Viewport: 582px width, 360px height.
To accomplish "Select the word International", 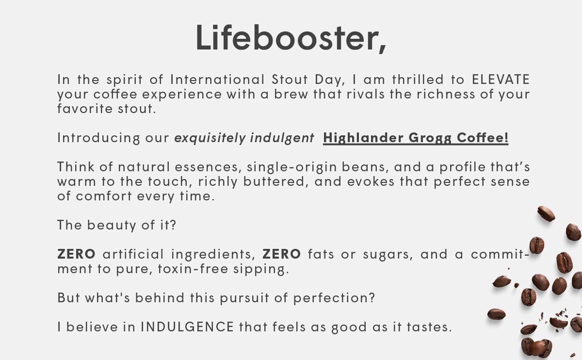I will (218, 79).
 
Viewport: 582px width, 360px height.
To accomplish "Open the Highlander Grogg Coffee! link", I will (416, 138).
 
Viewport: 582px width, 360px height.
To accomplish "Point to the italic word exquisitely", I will (210, 138).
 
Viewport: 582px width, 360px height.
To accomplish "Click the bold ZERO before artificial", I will (77, 254).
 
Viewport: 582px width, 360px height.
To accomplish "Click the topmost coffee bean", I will (546, 213).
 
